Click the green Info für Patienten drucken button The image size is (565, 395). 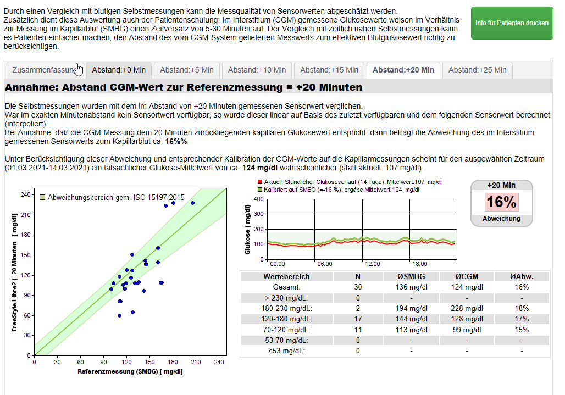512,23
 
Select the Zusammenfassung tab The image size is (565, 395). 44,70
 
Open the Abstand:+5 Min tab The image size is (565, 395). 186,70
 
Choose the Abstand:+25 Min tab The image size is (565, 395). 477,70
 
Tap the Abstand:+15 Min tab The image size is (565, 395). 329,70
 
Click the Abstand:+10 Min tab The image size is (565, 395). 257,70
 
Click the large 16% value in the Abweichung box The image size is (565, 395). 501,202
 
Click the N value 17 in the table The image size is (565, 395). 358,319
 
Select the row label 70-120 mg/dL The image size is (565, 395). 286,330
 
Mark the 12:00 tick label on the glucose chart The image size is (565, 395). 373,263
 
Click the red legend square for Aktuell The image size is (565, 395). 260,182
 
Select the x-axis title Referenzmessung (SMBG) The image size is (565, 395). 130,372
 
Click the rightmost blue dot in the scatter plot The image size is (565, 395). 192,203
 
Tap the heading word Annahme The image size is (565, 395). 32,87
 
